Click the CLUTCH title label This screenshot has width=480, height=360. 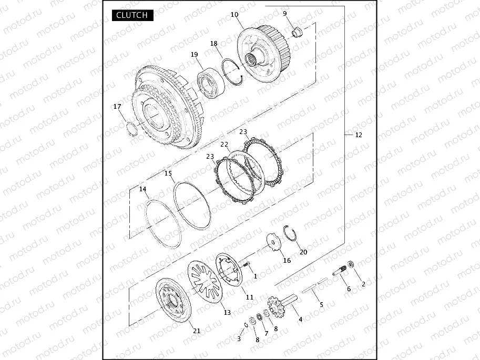coord(132,15)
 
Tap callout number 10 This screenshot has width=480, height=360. coord(234,15)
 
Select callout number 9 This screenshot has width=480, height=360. coord(285,14)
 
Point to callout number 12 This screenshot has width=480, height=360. coord(359,135)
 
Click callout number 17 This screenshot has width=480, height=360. coord(117,107)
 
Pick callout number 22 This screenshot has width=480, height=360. coord(224,144)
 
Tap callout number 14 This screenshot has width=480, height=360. coord(142,189)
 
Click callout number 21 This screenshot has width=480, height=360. coord(197,331)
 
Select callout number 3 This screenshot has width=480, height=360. coord(239,339)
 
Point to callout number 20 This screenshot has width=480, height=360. coord(303,252)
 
